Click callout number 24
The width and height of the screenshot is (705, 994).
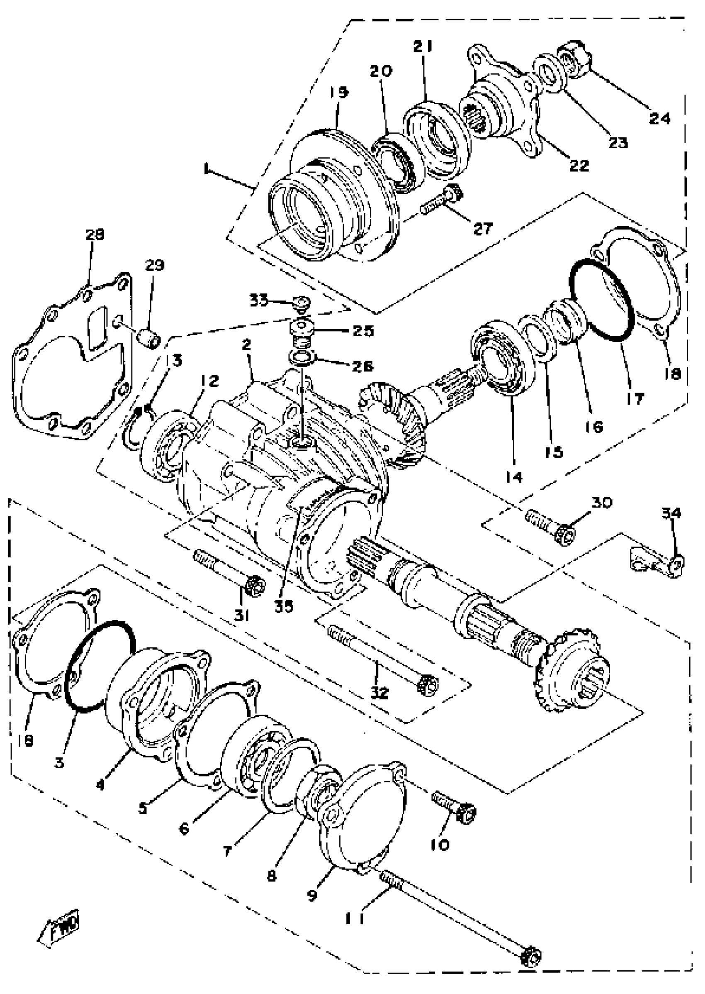click(x=659, y=118)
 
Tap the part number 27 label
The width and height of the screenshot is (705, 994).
click(x=483, y=228)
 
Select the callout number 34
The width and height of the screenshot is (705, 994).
click(x=671, y=513)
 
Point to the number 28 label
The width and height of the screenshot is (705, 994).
click(x=95, y=235)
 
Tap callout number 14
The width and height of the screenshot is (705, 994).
click(x=514, y=476)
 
